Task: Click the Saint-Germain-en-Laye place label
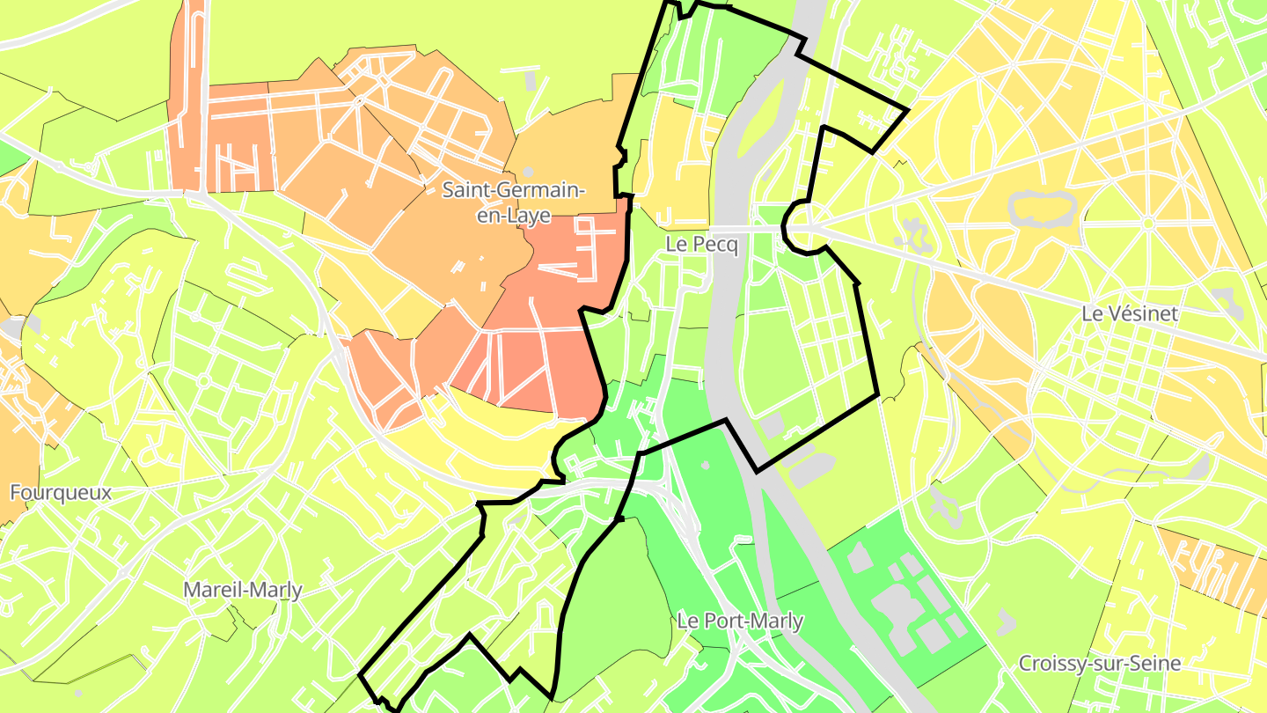point(514,202)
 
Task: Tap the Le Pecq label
point(701,246)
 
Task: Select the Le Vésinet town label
point(1130,313)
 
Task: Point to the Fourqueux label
point(61,492)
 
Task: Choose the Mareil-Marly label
point(243,590)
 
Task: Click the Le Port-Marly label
point(740,621)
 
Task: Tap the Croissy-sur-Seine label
point(1099,663)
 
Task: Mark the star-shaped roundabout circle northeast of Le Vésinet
point(1147,223)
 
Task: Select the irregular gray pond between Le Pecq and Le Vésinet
point(916,233)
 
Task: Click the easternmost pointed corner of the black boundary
point(906,110)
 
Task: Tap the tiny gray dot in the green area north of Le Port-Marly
point(705,465)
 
